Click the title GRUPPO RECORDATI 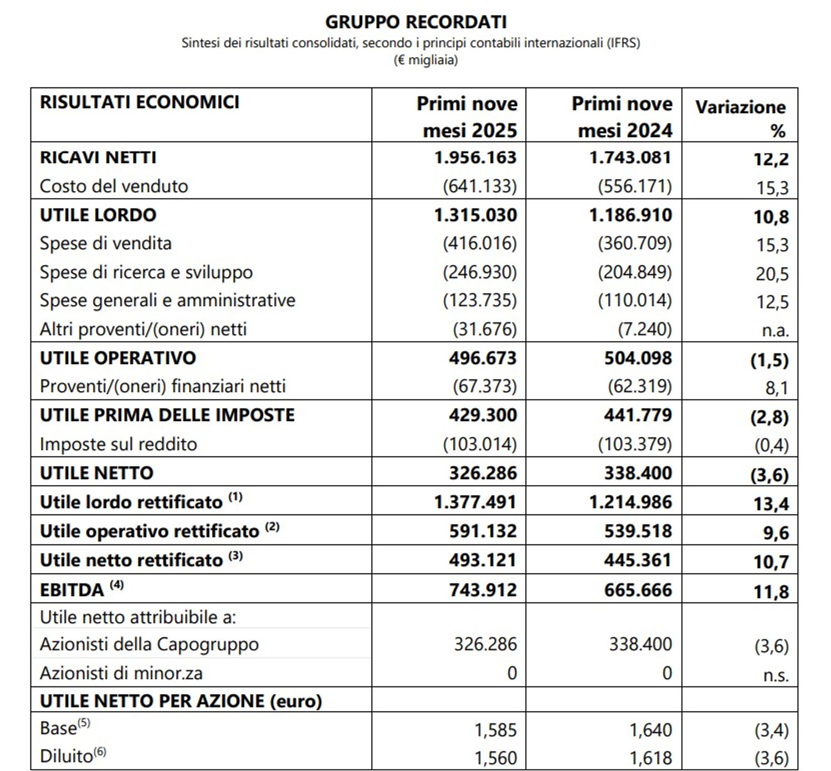416,22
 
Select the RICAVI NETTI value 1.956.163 475,158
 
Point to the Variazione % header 740,119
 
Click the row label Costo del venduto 114,187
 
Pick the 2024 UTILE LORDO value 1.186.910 630,215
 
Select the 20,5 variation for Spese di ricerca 772,274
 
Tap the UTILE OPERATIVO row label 118,358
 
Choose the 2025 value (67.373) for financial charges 484,387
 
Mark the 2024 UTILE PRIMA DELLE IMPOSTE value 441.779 638,415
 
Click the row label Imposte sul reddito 119,444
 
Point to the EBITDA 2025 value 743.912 483,590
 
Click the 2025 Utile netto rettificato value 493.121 483,561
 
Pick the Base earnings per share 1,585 495,731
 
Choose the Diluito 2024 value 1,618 650,758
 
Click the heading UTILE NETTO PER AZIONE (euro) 181,701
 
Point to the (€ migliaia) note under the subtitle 425,60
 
